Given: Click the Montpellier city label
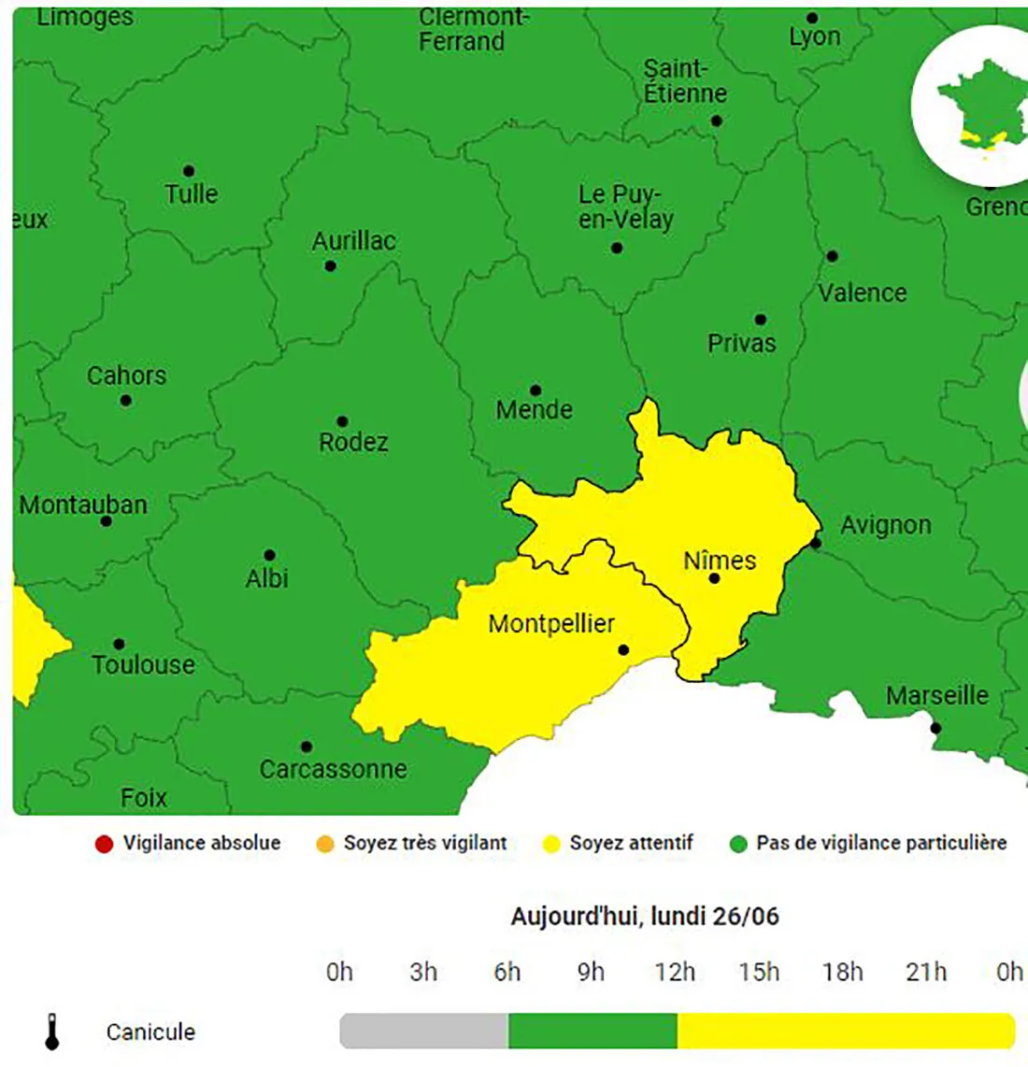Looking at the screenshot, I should click(551, 623).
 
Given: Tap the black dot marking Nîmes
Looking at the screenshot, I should click(714, 578).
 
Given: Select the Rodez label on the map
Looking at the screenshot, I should click(353, 442).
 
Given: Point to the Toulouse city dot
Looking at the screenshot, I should click(119, 644).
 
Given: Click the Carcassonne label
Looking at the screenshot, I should click(333, 769).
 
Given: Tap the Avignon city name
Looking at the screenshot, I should click(885, 525).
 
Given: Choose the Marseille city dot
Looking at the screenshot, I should click(935, 728).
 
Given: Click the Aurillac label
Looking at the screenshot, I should click(353, 241).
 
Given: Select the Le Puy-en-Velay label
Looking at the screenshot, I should click(624, 206).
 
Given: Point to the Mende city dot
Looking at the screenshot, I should click(535, 390).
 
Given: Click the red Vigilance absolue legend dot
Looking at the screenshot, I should click(104, 845).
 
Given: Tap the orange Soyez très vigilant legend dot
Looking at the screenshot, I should click(325, 845).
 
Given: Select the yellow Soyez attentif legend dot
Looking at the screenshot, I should click(551, 845).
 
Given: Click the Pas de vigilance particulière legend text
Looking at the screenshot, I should click(881, 843).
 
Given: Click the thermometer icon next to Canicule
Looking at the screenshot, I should click(52, 1031).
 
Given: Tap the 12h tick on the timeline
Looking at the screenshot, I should click(675, 973).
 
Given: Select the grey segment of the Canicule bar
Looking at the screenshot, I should click(423, 1031).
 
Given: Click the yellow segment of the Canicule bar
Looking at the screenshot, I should click(846, 1031).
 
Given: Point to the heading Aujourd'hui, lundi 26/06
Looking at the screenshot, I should click(644, 916).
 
